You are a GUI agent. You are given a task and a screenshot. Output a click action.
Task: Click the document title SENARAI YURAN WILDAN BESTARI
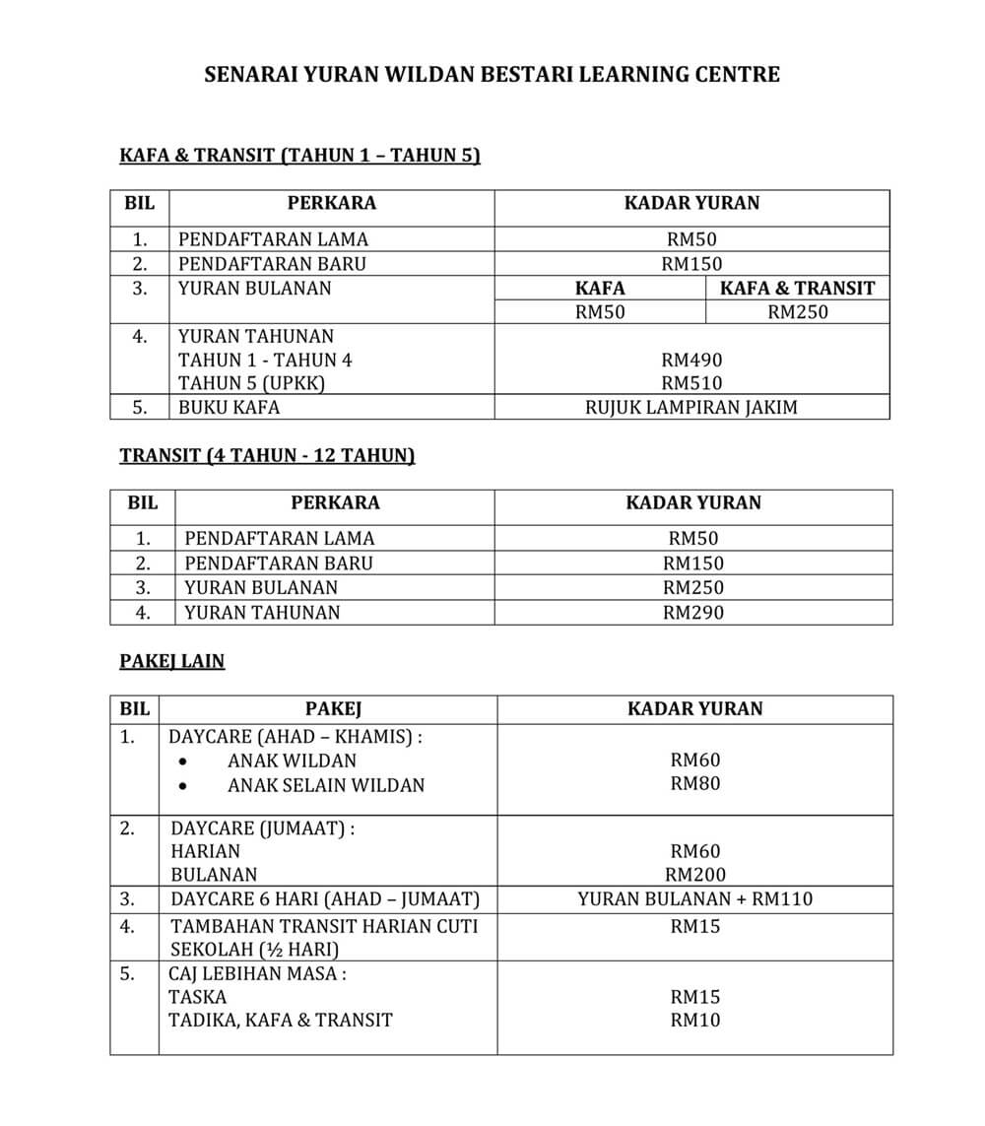(x=492, y=74)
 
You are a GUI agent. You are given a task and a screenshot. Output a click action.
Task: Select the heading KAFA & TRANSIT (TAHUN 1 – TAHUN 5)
(x=299, y=155)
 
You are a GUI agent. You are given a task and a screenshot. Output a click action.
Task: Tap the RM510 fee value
(x=691, y=383)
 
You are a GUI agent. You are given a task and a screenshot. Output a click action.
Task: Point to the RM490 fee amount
(x=691, y=360)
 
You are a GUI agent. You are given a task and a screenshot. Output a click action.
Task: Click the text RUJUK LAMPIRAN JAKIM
(x=691, y=407)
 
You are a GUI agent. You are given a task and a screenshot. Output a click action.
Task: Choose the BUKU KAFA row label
(x=229, y=407)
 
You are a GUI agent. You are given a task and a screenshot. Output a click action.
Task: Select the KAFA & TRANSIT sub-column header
(x=797, y=288)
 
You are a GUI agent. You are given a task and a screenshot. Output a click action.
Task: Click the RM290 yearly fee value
(x=693, y=612)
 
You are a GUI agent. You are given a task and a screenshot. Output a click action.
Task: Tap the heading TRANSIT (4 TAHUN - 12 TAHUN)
(x=267, y=455)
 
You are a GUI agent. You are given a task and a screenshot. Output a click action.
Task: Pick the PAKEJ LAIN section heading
(x=172, y=661)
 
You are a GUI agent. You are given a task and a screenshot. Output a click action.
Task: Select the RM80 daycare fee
(x=694, y=784)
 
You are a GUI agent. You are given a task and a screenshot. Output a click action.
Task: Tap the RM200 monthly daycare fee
(x=694, y=874)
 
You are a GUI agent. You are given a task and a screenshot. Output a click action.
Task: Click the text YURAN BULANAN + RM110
(x=694, y=898)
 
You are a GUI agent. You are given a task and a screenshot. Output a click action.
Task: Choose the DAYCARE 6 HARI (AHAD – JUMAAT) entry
(x=325, y=898)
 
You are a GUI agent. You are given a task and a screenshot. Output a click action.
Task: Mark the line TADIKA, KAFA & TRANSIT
(x=281, y=1020)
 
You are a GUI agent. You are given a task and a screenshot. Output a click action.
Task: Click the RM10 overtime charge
(x=694, y=1020)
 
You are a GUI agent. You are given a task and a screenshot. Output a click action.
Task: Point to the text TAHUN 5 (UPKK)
(x=251, y=383)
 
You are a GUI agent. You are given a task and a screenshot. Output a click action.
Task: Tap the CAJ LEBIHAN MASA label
(x=258, y=973)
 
